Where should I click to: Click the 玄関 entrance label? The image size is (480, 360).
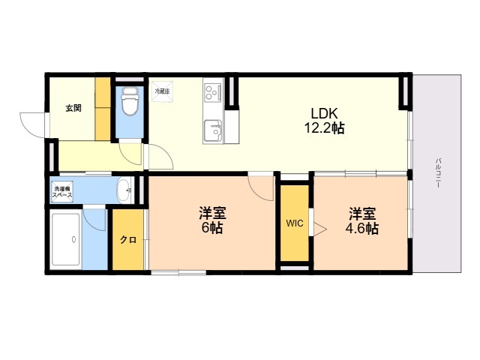click(x=73, y=108)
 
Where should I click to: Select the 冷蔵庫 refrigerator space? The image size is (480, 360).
click(x=162, y=91)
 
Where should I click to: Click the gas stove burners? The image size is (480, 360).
click(x=211, y=92)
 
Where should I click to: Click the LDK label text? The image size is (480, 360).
click(x=323, y=113)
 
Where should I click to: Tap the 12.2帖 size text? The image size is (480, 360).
click(x=323, y=128)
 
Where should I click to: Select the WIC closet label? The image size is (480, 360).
click(x=294, y=223)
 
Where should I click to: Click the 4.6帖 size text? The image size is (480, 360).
click(x=361, y=228)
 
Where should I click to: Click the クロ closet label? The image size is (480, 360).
click(x=127, y=240)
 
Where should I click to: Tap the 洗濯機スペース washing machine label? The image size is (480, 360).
click(x=61, y=191)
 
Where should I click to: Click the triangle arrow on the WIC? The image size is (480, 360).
click(x=318, y=228)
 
